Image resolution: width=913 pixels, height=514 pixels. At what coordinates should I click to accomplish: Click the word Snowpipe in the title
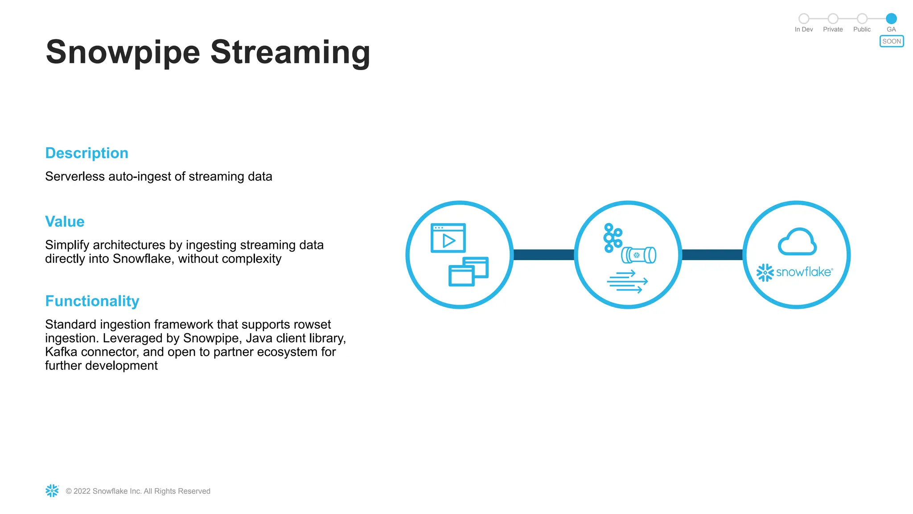click(123, 53)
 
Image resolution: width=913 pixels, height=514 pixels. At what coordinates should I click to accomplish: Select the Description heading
click(87, 153)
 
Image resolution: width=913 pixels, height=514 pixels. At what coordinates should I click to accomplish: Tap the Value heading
click(65, 222)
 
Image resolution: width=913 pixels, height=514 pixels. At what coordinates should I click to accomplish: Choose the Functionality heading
click(92, 301)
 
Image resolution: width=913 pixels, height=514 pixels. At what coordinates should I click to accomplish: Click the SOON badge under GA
click(891, 41)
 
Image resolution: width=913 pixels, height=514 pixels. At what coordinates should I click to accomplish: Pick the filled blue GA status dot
click(891, 18)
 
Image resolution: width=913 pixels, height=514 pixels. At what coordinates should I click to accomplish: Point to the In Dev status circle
click(804, 18)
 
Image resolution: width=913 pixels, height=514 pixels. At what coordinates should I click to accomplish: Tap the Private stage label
click(833, 29)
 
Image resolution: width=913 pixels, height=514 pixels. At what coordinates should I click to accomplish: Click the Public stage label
click(862, 29)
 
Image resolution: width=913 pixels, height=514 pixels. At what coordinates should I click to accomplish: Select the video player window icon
click(448, 238)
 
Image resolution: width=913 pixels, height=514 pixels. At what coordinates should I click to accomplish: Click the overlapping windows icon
click(468, 271)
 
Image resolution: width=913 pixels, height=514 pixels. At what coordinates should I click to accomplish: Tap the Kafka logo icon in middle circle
click(612, 238)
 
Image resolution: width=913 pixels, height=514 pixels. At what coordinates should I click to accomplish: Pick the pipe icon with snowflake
click(639, 255)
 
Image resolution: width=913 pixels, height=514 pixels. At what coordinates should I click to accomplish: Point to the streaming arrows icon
click(627, 282)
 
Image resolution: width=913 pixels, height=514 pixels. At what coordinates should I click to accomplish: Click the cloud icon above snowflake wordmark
click(797, 242)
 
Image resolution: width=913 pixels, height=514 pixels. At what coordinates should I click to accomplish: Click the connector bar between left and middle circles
click(543, 255)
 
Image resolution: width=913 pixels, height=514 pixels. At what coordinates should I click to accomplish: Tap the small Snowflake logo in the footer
click(52, 491)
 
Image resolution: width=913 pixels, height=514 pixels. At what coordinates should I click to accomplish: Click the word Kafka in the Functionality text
click(61, 352)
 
